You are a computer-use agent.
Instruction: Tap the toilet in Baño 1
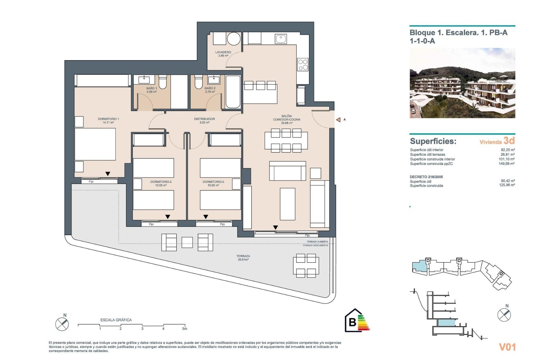click(163, 82)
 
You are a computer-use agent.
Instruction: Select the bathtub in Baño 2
click(233, 92)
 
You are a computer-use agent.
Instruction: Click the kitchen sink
click(281, 39)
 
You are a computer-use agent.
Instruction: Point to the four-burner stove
click(303, 65)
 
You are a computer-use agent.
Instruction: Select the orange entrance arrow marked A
click(338, 120)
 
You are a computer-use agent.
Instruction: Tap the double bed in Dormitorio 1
click(95, 144)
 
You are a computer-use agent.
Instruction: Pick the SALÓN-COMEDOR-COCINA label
click(287, 119)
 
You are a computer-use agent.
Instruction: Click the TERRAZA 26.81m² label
click(243, 258)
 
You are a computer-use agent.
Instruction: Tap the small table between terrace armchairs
click(187, 242)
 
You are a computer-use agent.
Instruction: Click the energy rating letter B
click(352, 322)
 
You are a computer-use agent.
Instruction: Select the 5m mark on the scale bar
click(184, 328)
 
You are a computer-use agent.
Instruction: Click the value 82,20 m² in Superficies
click(508, 150)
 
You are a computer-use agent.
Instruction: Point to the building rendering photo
click(462, 83)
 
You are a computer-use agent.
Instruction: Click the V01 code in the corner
click(507, 347)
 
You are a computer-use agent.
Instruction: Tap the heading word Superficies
click(433, 141)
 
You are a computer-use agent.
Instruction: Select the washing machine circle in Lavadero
click(234, 39)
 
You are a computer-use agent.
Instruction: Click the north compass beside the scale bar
click(62, 324)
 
